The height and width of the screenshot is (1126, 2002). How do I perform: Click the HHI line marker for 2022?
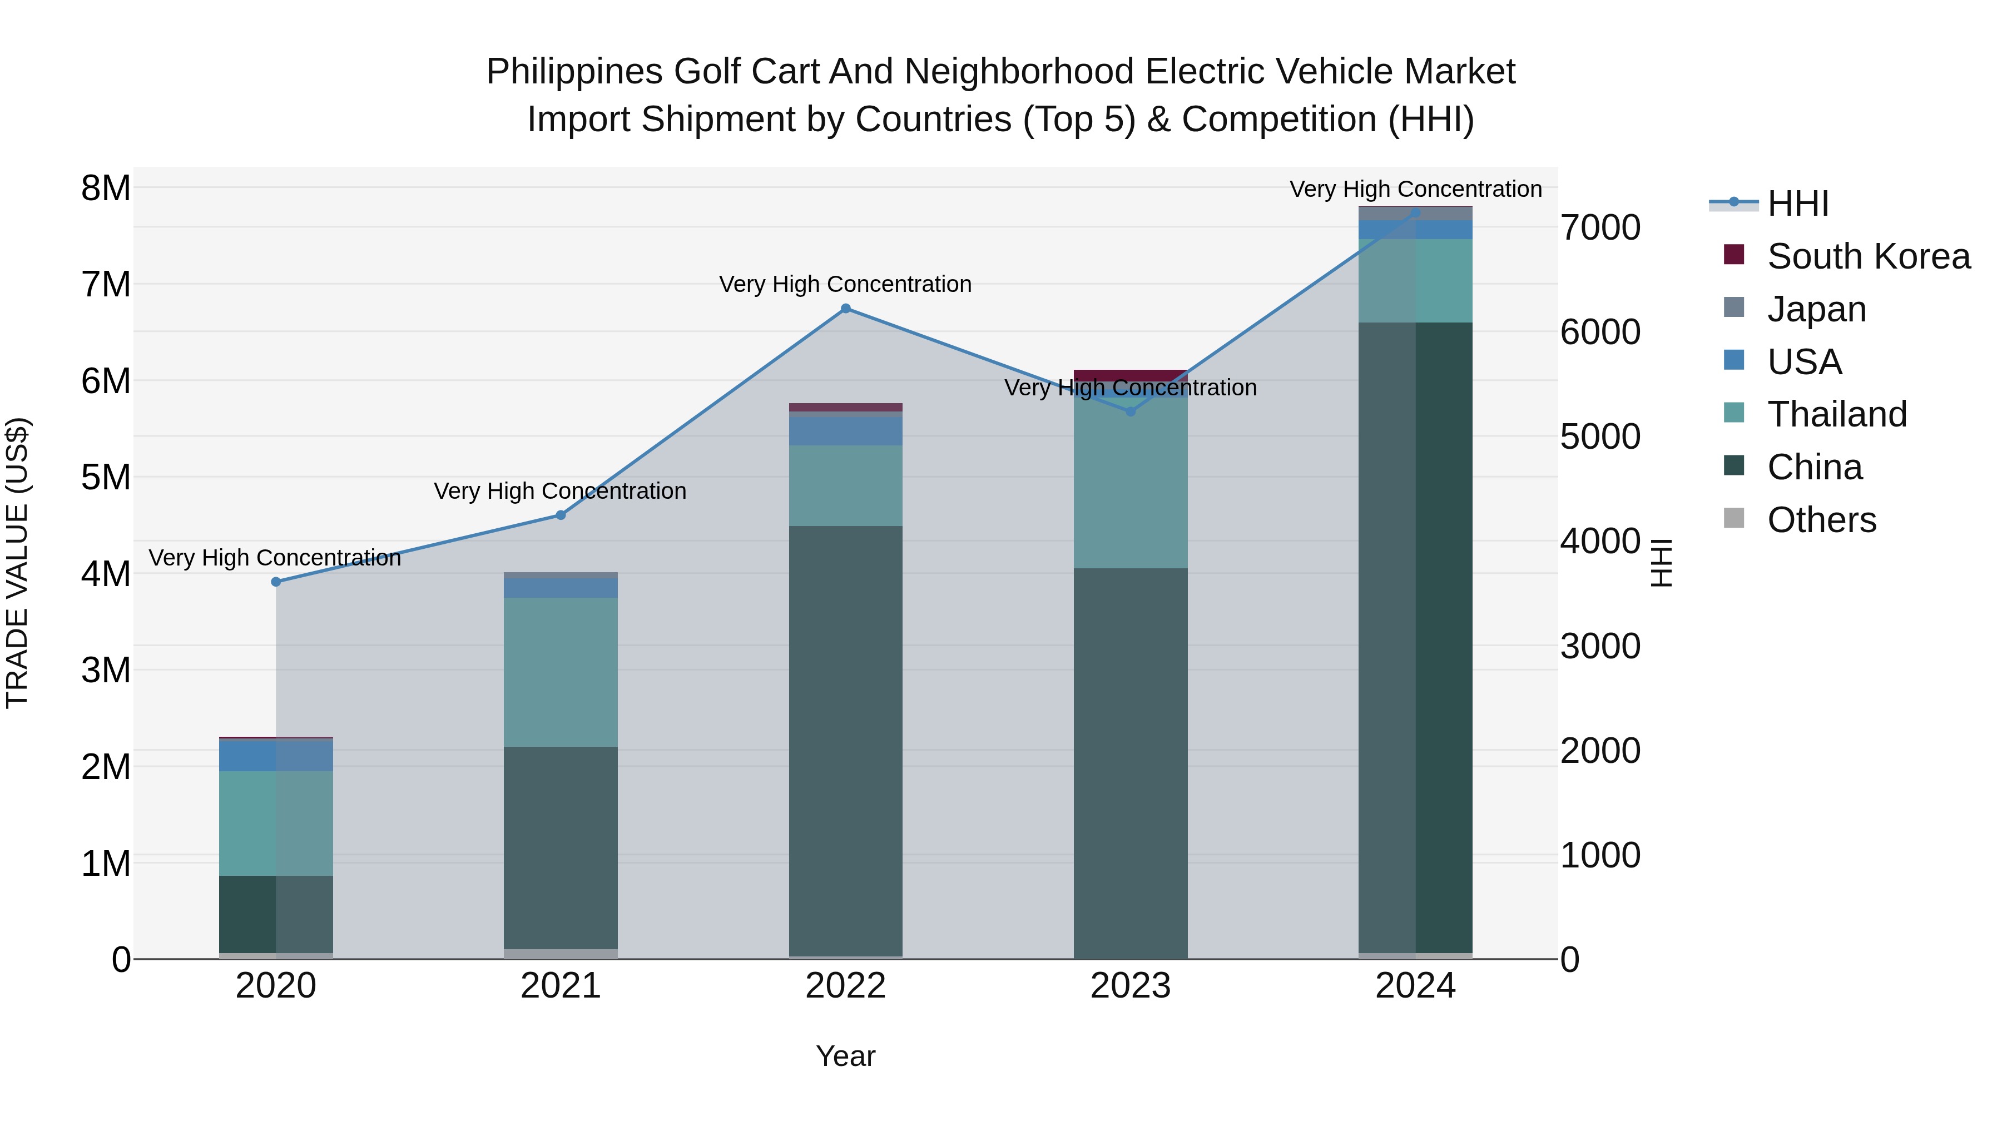[x=845, y=309]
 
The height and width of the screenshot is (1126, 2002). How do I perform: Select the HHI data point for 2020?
[x=276, y=581]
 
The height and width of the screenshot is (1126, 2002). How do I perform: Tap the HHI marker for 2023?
[x=1131, y=411]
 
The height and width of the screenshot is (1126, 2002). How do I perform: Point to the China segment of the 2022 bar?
[x=845, y=738]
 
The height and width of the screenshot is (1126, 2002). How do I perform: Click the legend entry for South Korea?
[x=1869, y=256]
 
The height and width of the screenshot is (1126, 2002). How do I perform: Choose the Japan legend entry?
[x=1816, y=309]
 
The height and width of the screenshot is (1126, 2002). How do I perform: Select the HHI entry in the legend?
[x=1797, y=204]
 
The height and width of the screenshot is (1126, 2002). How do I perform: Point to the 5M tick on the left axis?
[x=106, y=477]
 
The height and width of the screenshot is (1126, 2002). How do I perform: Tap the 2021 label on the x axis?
[x=561, y=986]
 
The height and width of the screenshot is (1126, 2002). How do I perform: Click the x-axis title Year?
[x=845, y=1056]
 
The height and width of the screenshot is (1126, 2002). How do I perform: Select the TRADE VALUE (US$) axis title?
[x=17, y=563]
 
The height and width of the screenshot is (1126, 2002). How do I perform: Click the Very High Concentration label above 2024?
[x=1415, y=189]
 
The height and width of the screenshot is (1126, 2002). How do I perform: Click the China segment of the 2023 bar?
[x=1131, y=762]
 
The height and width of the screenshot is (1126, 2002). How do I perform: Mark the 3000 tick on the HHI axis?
[x=1600, y=647]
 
